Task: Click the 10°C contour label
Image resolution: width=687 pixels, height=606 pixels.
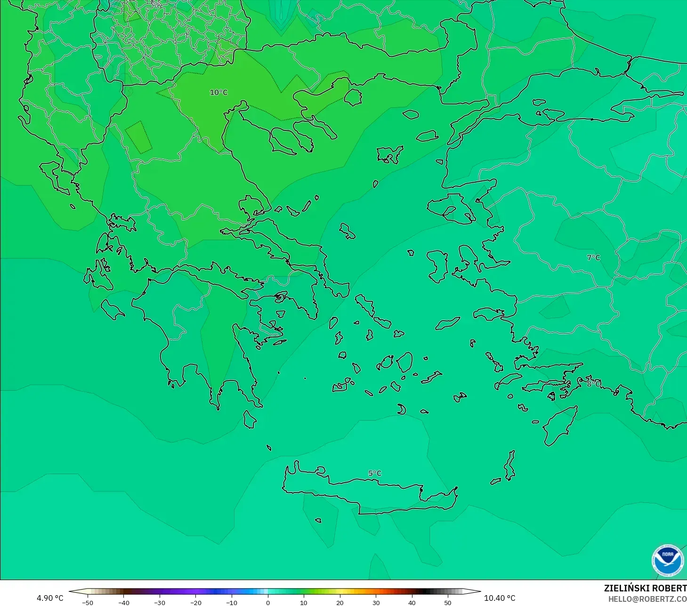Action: (218, 92)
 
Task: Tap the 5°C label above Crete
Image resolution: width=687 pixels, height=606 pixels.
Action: (375, 473)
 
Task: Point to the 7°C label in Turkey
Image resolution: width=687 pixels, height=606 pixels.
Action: (593, 258)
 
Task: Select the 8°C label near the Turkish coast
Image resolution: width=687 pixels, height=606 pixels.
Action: (593, 384)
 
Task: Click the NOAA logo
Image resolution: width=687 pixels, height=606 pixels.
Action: (668, 560)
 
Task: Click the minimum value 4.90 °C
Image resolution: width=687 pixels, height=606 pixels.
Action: (50, 598)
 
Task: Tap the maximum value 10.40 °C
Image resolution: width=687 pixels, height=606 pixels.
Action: (500, 598)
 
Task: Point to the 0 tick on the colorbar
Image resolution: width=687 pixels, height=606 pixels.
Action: (267, 602)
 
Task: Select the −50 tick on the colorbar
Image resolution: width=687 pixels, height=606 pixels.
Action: (87, 602)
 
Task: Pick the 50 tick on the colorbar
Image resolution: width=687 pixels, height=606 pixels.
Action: (447, 602)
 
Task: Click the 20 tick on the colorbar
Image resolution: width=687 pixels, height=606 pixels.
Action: (339, 602)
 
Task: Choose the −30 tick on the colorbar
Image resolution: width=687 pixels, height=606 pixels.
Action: (159, 602)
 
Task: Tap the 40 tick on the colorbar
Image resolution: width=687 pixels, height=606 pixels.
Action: (412, 602)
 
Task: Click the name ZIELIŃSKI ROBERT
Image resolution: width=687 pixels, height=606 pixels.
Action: (645, 588)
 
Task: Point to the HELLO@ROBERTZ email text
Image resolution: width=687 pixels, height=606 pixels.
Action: (647, 599)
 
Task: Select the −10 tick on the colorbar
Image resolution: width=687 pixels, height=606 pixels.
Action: (231, 602)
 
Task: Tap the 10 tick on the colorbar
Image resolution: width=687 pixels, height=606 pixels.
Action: (304, 602)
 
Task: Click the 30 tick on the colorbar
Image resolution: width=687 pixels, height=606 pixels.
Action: (376, 602)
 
